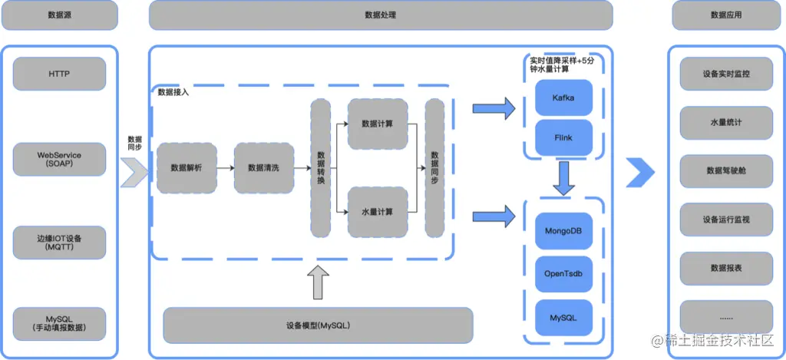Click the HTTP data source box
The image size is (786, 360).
tap(58, 74)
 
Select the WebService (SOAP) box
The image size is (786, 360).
tap(58, 160)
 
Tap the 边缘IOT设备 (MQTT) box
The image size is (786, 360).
tap(58, 243)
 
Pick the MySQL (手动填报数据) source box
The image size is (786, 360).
tap(58, 321)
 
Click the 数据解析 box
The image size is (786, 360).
tap(187, 168)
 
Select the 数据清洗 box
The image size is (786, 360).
tap(263, 168)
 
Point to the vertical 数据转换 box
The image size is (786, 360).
tap(320, 168)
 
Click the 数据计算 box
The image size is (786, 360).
tap(377, 124)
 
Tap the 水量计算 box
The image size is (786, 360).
tap(377, 212)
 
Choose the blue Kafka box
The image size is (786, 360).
tap(563, 98)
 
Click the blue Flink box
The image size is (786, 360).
tap(563, 139)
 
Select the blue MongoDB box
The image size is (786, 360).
tap(563, 231)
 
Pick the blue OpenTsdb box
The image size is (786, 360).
tap(563, 274)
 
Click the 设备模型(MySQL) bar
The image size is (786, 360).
tap(318, 325)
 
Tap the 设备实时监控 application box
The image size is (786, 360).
tap(726, 74)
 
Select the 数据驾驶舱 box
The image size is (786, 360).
tap(726, 171)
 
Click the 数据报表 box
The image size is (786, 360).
tap(726, 268)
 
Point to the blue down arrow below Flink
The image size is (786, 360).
tap(564, 178)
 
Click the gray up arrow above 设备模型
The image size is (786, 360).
tap(318, 282)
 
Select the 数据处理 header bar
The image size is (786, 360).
tap(381, 15)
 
